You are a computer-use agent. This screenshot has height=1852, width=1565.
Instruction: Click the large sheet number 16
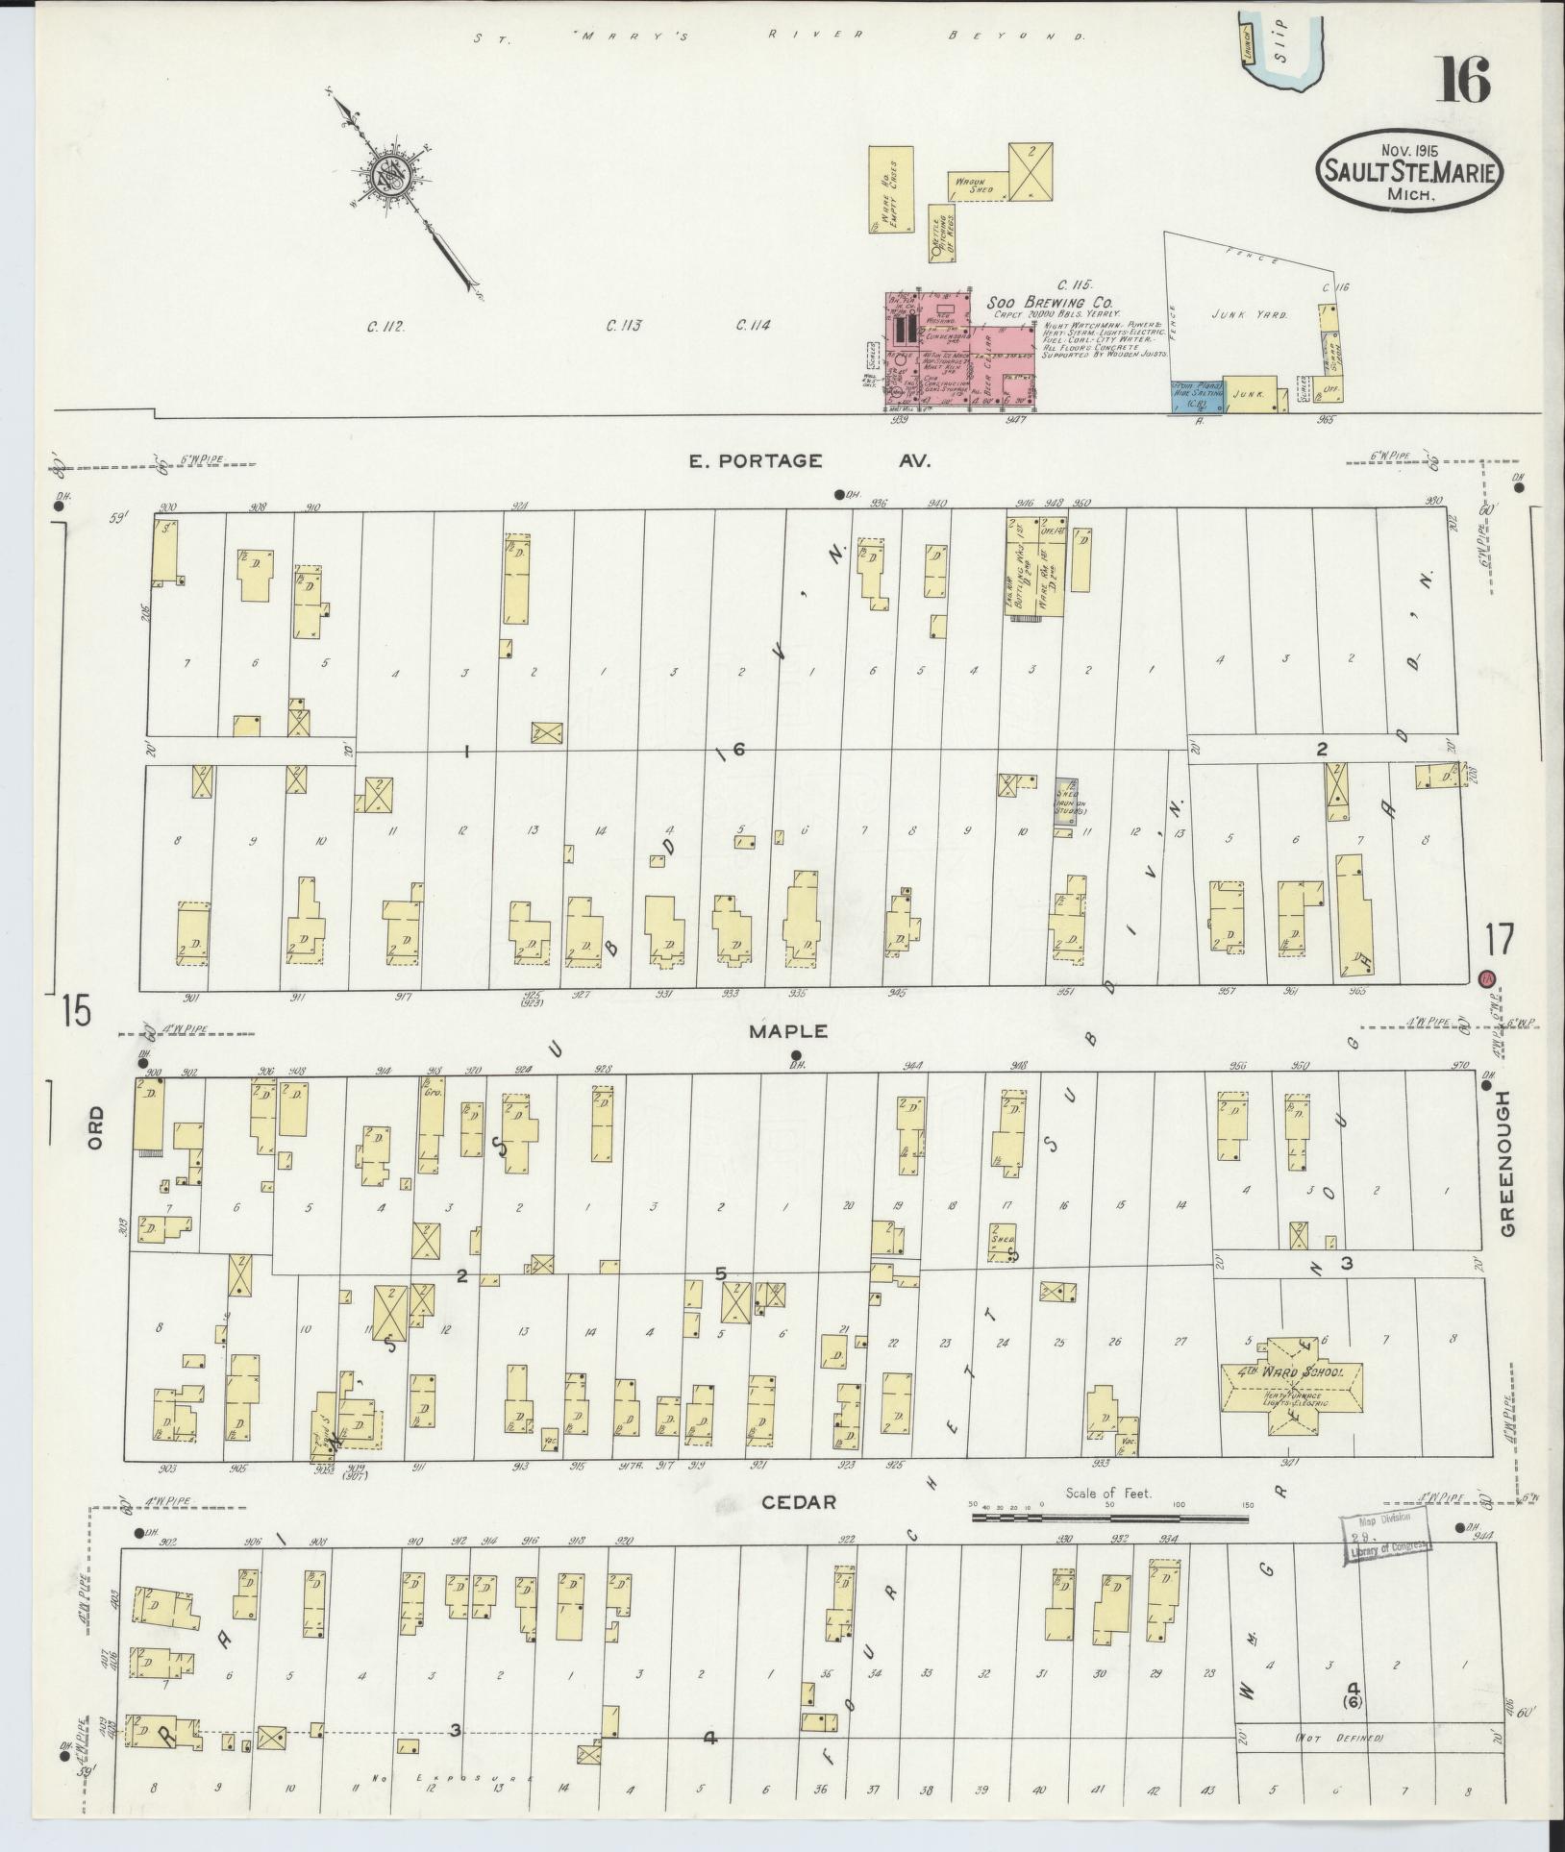coord(1464,80)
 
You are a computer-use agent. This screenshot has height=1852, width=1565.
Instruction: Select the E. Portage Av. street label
coord(808,461)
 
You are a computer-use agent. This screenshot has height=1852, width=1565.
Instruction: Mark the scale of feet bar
coord(1109,1545)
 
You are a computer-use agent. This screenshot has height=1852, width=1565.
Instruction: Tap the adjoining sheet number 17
coord(1498,939)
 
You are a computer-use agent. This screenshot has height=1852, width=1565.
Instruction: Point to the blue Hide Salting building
coord(1195,395)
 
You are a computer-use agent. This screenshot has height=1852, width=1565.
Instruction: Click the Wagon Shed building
coord(978,186)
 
